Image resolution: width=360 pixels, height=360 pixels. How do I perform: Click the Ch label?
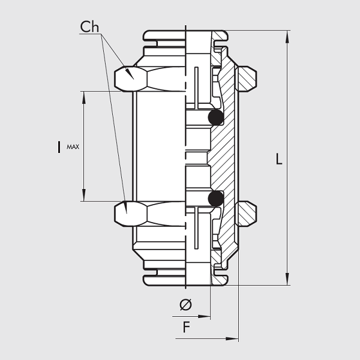(x=90, y=27)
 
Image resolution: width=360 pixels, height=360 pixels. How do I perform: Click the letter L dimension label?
(x=279, y=159)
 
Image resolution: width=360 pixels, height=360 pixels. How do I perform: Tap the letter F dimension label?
(x=187, y=328)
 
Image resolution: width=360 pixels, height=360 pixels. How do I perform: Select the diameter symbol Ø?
(x=186, y=305)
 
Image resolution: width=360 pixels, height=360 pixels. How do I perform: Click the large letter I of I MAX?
(x=59, y=146)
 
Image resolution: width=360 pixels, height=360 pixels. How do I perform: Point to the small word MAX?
(x=73, y=146)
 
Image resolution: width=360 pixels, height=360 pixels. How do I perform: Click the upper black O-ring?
(x=215, y=117)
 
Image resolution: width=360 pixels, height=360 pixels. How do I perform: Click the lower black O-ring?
(x=215, y=198)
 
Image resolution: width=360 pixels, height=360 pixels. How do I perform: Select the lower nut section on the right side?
(x=247, y=213)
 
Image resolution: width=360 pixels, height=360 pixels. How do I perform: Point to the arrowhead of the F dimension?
(x=234, y=339)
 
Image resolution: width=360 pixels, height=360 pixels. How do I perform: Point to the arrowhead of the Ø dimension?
(x=206, y=316)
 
